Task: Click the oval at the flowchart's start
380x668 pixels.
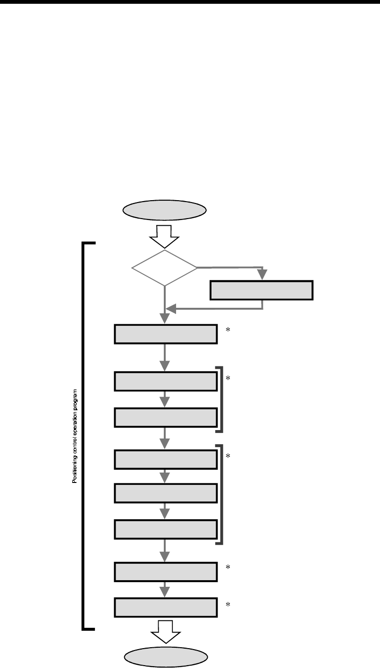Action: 164,211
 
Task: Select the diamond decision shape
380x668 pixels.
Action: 164,268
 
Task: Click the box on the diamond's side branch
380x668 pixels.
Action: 261,290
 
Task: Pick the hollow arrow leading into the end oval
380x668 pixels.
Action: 165,631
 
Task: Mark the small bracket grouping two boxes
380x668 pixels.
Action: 220,399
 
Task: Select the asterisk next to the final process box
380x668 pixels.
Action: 228,605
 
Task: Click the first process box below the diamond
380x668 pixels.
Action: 166,334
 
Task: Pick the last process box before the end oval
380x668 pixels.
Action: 166,608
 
